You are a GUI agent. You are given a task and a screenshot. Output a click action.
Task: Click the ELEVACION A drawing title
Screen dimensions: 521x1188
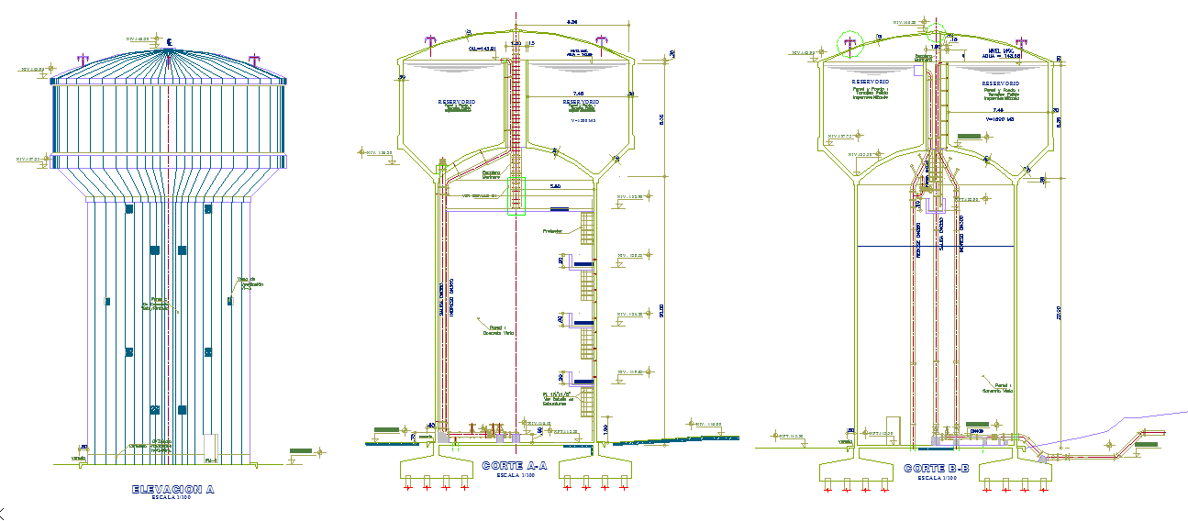[x=172, y=490]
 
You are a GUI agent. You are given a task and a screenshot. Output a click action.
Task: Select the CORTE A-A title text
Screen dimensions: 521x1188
[x=515, y=466]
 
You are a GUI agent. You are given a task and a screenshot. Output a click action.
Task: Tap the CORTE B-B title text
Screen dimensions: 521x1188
[x=935, y=468]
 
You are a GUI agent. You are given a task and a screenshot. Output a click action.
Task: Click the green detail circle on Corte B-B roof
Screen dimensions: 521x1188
[x=850, y=43]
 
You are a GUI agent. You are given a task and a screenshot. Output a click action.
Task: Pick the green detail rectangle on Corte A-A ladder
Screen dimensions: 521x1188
[x=516, y=196]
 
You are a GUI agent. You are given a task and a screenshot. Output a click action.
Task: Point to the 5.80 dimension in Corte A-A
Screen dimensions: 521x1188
[x=554, y=186]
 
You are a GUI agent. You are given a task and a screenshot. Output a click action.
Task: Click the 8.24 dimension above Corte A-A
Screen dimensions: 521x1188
[x=572, y=21]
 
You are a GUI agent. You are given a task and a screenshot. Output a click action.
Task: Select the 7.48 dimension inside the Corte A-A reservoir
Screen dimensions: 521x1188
[x=578, y=93]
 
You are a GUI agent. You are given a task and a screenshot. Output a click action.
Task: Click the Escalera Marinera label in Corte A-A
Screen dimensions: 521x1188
[x=491, y=173]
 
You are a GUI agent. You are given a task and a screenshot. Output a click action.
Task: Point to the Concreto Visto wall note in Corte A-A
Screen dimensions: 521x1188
[x=499, y=329]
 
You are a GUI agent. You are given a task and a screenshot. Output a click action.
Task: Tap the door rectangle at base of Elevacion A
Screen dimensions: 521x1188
[x=209, y=446]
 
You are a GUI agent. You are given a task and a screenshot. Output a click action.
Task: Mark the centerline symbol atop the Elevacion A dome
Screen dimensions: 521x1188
[x=171, y=41]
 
